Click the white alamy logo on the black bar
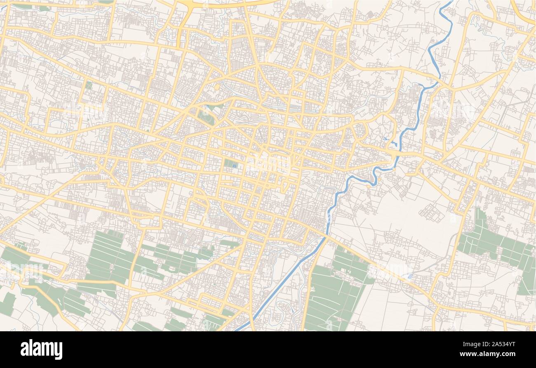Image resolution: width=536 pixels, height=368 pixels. tap(41, 349)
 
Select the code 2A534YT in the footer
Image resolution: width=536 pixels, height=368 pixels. tap(505, 344)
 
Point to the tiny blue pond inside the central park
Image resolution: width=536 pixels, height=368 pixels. tap(235, 166)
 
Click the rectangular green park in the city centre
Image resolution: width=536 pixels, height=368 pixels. tap(230, 164)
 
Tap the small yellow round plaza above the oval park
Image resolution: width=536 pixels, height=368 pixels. tap(217, 87)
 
